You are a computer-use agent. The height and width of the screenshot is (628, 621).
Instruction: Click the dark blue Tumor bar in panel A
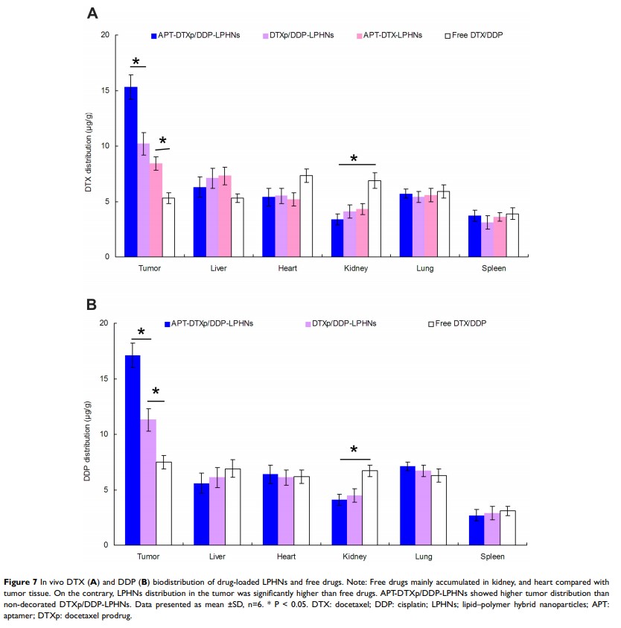click(130, 172)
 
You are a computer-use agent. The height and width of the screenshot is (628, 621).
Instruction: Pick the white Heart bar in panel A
click(305, 216)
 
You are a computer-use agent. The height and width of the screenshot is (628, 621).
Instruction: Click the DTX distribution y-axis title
click(88, 146)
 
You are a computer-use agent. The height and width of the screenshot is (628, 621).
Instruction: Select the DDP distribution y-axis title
click(88, 434)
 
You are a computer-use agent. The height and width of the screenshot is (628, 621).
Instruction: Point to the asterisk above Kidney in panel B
click(354, 450)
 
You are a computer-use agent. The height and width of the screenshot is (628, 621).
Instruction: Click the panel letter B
click(92, 304)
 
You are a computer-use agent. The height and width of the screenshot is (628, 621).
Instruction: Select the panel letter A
click(92, 13)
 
